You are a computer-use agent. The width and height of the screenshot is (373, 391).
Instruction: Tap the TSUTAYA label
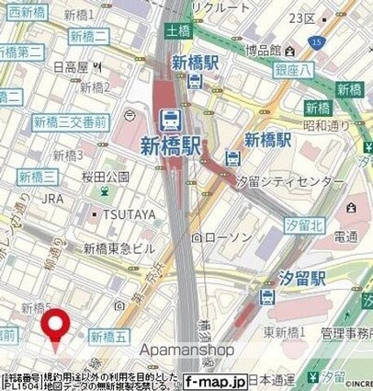point(125,215)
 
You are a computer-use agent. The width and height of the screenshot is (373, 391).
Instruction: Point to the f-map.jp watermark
point(214,379)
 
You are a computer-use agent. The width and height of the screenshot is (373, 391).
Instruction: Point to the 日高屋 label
point(71,67)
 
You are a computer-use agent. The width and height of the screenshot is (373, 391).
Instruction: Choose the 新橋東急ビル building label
point(119,247)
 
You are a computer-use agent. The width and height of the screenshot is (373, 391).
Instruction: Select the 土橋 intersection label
point(178,30)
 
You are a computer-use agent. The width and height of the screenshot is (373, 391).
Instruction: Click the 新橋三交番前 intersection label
point(70,122)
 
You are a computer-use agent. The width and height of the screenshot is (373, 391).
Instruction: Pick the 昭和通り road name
point(332,123)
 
